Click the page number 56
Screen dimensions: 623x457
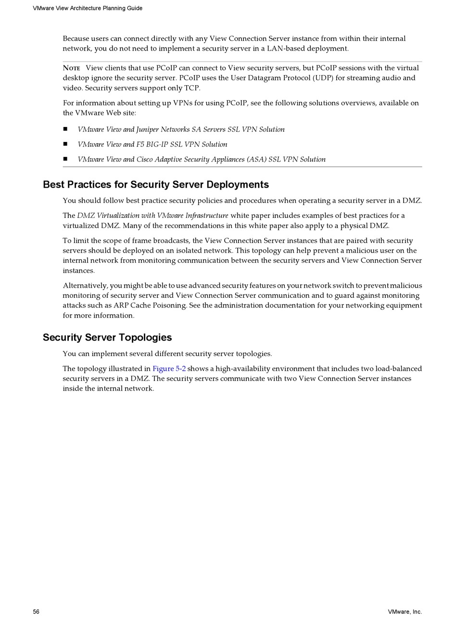click(x=36, y=611)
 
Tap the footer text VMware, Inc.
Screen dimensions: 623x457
click(x=405, y=611)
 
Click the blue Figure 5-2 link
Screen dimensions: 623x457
click(x=169, y=369)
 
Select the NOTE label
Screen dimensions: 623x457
click(x=71, y=68)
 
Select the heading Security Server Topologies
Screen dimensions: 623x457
click(x=107, y=337)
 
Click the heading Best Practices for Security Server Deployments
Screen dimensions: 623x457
click(x=156, y=185)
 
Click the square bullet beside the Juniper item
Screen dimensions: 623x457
click(x=65, y=129)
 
